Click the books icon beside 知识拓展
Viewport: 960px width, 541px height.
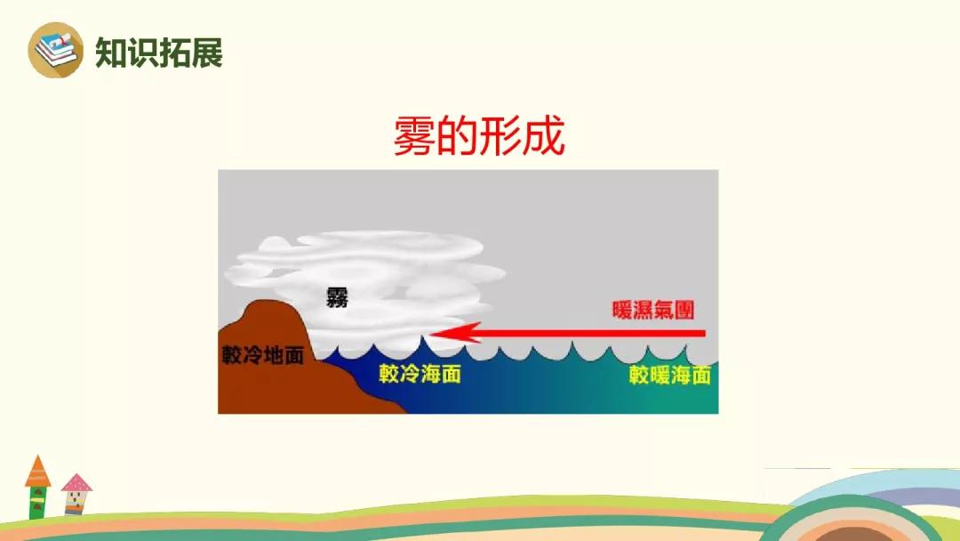tap(56, 50)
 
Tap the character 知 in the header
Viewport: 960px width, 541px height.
tap(111, 52)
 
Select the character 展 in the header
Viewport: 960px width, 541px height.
tap(207, 52)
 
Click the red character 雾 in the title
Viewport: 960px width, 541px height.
tap(414, 135)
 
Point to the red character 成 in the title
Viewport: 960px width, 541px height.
tap(543, 135)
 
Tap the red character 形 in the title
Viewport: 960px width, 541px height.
tap(500, 135)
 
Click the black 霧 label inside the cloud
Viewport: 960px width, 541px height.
tap(337, 297)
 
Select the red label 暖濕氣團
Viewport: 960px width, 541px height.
tap(653, 310)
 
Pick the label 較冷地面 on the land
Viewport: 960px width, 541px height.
tap(262, 355)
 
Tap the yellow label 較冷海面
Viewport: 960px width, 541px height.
tap(420, 374)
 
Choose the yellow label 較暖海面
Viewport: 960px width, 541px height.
tap(670, 375)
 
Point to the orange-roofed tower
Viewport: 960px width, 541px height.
tap(37, 487)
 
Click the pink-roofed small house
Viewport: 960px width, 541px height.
tap(76, 494)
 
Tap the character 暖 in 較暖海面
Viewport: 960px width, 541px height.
tap(660, 375)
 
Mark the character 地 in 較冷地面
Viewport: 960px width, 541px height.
tap(273, 355)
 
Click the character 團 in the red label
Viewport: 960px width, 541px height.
tap(684, 310)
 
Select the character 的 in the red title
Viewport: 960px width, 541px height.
tap(458, 135)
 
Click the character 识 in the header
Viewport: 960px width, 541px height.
tap(142, 52)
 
